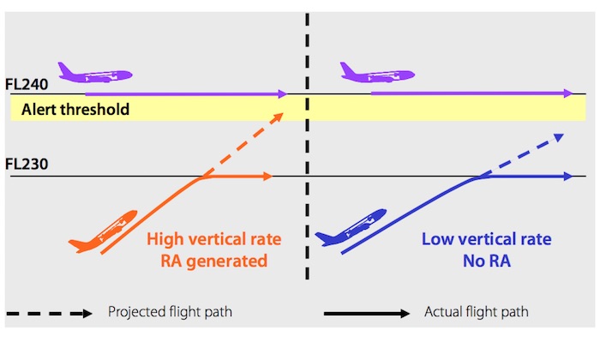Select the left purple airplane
93,74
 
